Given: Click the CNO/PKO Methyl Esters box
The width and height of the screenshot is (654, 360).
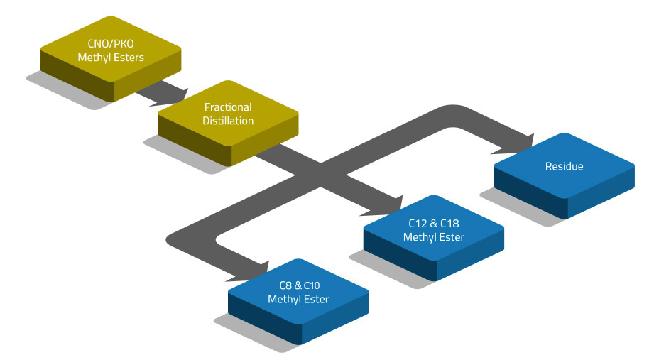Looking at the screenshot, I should click(111, 51).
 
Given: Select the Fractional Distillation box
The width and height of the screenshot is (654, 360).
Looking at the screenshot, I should click(228, 114).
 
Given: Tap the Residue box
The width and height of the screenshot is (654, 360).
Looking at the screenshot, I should click(564, 167).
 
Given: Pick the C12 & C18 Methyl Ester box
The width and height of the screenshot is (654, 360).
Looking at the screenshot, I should click(433, 231).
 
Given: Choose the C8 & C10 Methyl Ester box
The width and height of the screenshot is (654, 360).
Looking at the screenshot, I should click(298, 293).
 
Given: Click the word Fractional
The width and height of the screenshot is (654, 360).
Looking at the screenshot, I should click(228, 107).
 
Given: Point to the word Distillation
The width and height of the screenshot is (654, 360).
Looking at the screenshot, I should click(228, 121).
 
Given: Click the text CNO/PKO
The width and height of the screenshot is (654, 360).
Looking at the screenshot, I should click(111, 44).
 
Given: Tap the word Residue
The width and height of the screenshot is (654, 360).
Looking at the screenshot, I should click(564, 167).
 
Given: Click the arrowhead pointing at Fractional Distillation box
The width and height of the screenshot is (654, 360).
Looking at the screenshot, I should click(178, 94).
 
